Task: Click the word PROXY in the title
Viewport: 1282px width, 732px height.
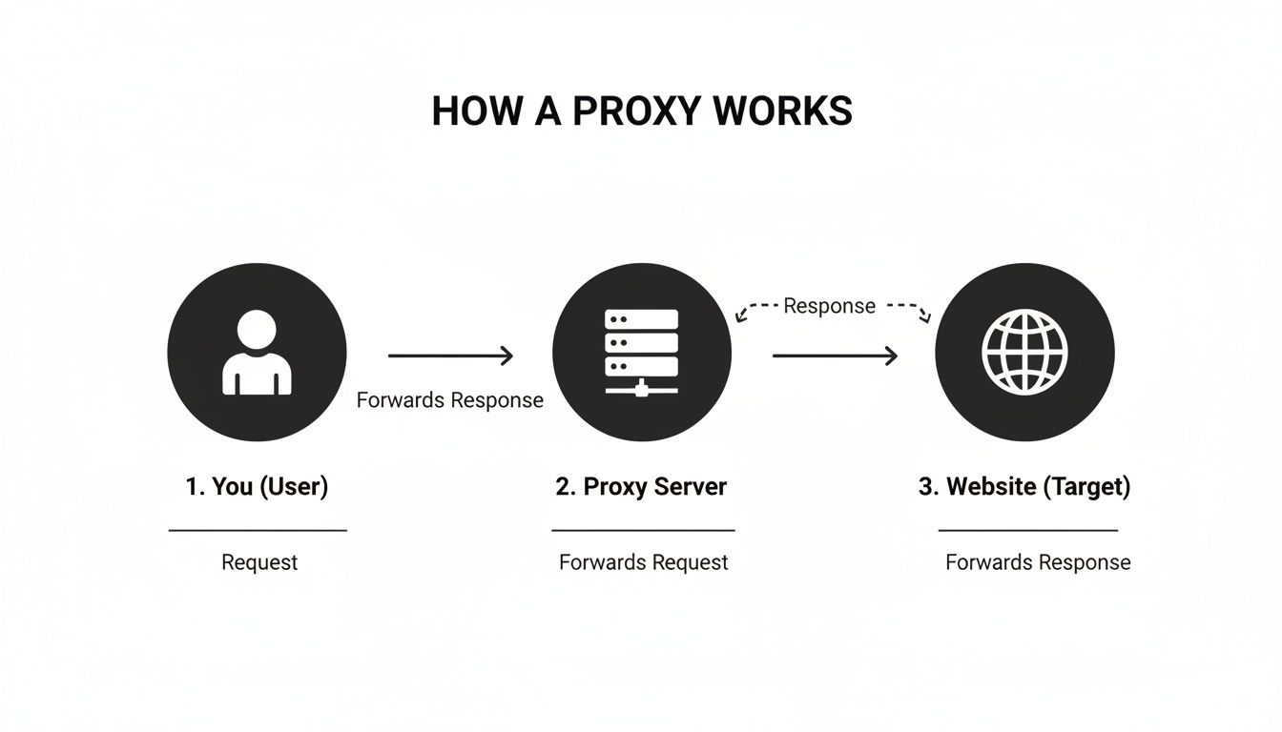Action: point(633,112)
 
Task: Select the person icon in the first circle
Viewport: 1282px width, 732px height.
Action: point(257,354)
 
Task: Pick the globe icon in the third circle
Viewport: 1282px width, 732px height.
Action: point(1024,353)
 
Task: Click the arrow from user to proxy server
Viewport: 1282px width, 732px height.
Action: point(450,356)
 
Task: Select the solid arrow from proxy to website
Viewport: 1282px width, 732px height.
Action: point(835,356)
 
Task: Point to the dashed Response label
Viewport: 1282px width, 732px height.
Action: point(829,306)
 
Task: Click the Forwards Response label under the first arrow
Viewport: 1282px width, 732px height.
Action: point(450,400)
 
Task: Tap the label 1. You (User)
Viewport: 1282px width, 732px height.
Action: point(257,486)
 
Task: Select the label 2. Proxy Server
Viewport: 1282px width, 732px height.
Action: point(641,486)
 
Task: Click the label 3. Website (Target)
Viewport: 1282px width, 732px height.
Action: point(1024,486)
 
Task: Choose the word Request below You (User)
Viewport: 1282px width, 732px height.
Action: point(259,562)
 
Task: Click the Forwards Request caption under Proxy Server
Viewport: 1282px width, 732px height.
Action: point(643,562)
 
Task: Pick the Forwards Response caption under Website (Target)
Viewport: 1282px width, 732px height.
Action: point(1038,562)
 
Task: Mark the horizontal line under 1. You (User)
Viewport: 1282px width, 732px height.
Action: point(258,530)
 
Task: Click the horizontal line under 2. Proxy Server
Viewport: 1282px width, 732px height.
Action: point(643,530)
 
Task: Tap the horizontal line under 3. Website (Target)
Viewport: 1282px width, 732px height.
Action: point(1028,530)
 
